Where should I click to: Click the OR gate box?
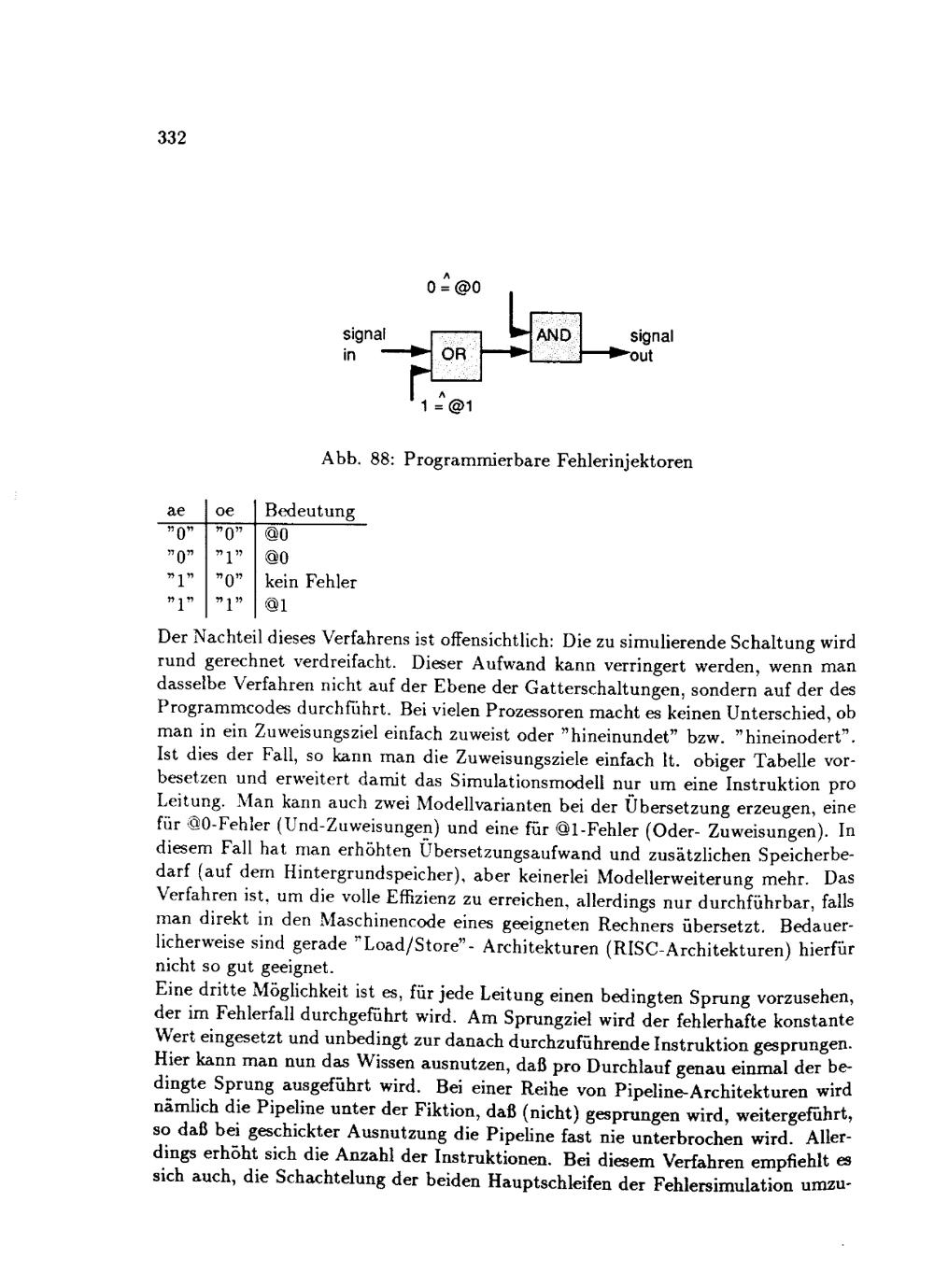[x=456, y=355]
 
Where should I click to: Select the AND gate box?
[x=555, y=336]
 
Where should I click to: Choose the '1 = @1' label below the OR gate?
[x=447, y=406]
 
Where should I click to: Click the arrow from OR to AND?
[x=505, y=354]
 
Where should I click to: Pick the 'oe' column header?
[x=225, y=511]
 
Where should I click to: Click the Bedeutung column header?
[x=309, y=511]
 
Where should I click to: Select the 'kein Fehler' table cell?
[x=310, y=582]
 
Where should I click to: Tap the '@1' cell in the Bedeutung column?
[x=276, y=605]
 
